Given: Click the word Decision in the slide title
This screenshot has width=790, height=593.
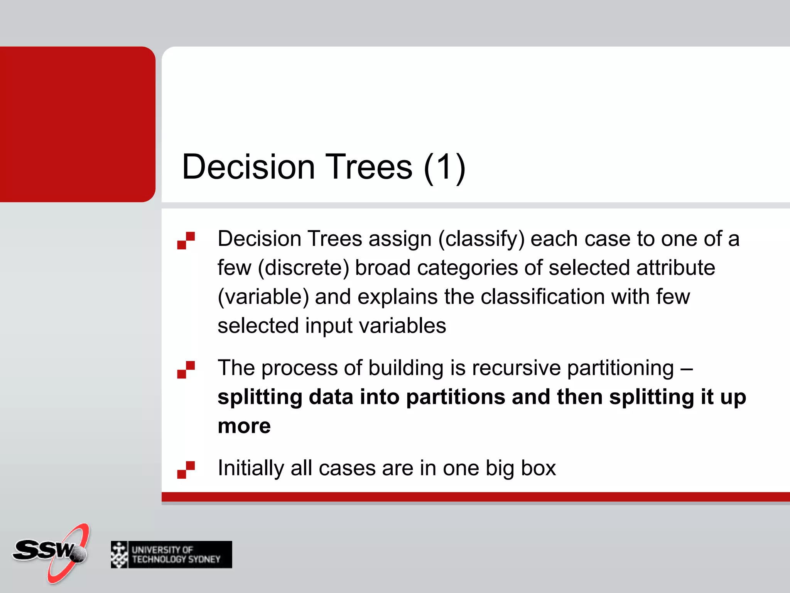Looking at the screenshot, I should [248, 167].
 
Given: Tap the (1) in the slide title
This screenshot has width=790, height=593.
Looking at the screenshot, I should [444, 167].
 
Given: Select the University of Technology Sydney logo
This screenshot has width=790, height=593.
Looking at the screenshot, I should [171, 554].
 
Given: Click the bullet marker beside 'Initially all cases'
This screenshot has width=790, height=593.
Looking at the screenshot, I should [186, 470].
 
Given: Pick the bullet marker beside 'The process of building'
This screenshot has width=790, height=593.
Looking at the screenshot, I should [186, 369].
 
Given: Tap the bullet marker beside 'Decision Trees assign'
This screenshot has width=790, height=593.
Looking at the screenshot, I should [186, 241].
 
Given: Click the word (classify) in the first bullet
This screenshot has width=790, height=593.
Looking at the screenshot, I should [481, 239].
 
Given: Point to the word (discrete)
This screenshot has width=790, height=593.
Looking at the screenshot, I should [303, 268].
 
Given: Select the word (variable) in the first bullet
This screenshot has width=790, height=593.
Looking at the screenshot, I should [263, 297].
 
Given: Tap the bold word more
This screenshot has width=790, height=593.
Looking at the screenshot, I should [244, 426].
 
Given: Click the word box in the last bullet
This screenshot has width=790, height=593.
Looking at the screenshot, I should [538, 468].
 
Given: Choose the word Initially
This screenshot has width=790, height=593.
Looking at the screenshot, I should [251, 468].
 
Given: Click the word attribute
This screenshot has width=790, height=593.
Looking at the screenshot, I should [675, 268].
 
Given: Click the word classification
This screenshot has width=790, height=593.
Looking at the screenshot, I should [543, 297].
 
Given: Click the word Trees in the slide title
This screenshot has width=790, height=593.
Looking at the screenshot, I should [369, 167].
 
